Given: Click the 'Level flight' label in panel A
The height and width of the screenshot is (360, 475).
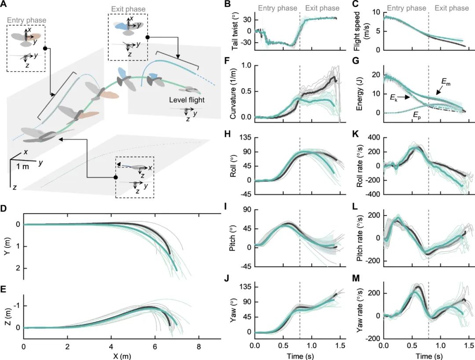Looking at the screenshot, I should pyautogui.click(x=186, y=100).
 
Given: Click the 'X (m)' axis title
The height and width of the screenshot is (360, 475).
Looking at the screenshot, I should pyautogui.click(x=121, y=353).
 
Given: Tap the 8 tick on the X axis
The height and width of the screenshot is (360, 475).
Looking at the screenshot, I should pyautogui.click(x=199, y=345).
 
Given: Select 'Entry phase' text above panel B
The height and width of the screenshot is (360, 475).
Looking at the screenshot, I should pyautogui.click(x=275, y=8).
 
